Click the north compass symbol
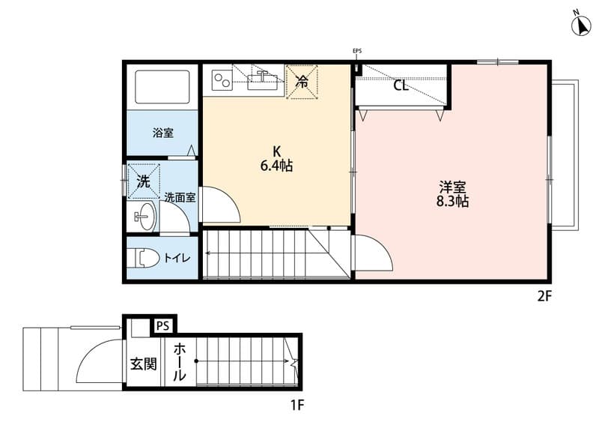coord(581,25)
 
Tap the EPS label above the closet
coord(357,50)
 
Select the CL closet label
coord(401,85)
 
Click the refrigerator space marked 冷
coord(302,82)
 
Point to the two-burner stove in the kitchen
coord(222,81)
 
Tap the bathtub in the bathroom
coord(162,87)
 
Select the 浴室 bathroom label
coord(163,133)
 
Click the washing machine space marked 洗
coord(143,181)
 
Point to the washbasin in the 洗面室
coord(145,216)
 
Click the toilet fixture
coord(145,258)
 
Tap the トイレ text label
coord(177,258)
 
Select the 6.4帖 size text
coord(276,166)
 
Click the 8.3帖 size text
coord(452,202)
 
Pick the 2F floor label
coord(545,296)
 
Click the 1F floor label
coord(297,405)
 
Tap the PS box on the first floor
coord(162,326)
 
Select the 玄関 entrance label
coord(144,364)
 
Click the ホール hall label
coord(179,362)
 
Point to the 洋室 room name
coord(453,187)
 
